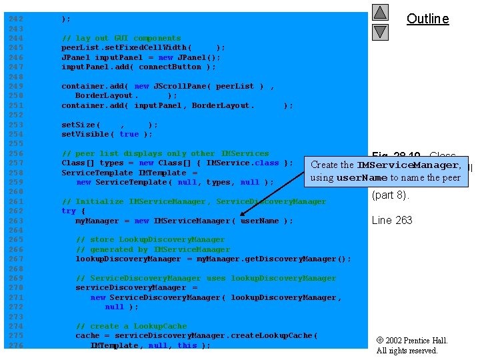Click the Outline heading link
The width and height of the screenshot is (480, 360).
click(x=427, y=19)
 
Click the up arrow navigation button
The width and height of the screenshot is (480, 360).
click(x=380, y=12)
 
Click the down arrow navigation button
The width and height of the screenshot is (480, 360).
click(x=380, y=31)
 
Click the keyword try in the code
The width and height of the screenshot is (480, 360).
click(x=69, y=211)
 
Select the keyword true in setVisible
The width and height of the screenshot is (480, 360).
click(x=129, y=134)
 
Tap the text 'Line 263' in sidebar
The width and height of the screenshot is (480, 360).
click(x=392, y=220)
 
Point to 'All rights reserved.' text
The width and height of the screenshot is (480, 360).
click(x=407, y=351)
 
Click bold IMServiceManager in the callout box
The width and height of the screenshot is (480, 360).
click(x=408, y=165)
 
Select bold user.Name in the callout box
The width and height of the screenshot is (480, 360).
click(x=362, y=178)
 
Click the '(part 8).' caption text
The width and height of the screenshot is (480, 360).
click(x=390, y=195)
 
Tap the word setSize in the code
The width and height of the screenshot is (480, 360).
click(x=79, y=125)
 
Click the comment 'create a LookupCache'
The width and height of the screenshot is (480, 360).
click(x=131, y=326)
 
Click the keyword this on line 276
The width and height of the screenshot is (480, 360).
click(x=187, y=345)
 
